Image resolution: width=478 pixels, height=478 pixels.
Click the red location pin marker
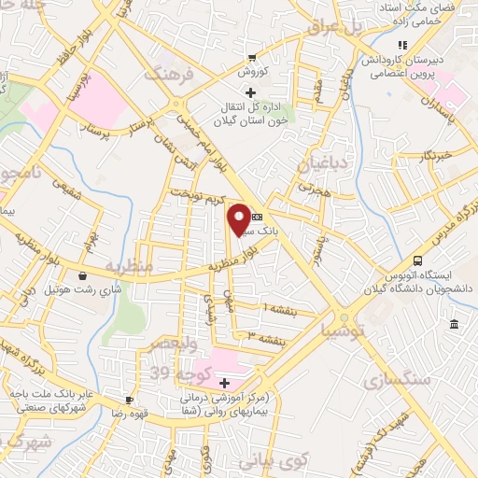point(240,218)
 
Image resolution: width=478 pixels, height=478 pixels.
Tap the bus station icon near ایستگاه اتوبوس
point(417,260)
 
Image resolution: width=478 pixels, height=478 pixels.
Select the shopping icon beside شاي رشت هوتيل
point(84,275)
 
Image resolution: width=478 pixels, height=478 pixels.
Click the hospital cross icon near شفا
point(223,383)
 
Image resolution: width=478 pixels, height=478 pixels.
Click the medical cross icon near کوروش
point(248,91)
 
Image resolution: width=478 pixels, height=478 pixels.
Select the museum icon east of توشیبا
point(453,324)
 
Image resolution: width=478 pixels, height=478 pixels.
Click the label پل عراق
point(330,30)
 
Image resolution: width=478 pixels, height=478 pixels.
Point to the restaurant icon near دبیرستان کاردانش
point(402,44)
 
